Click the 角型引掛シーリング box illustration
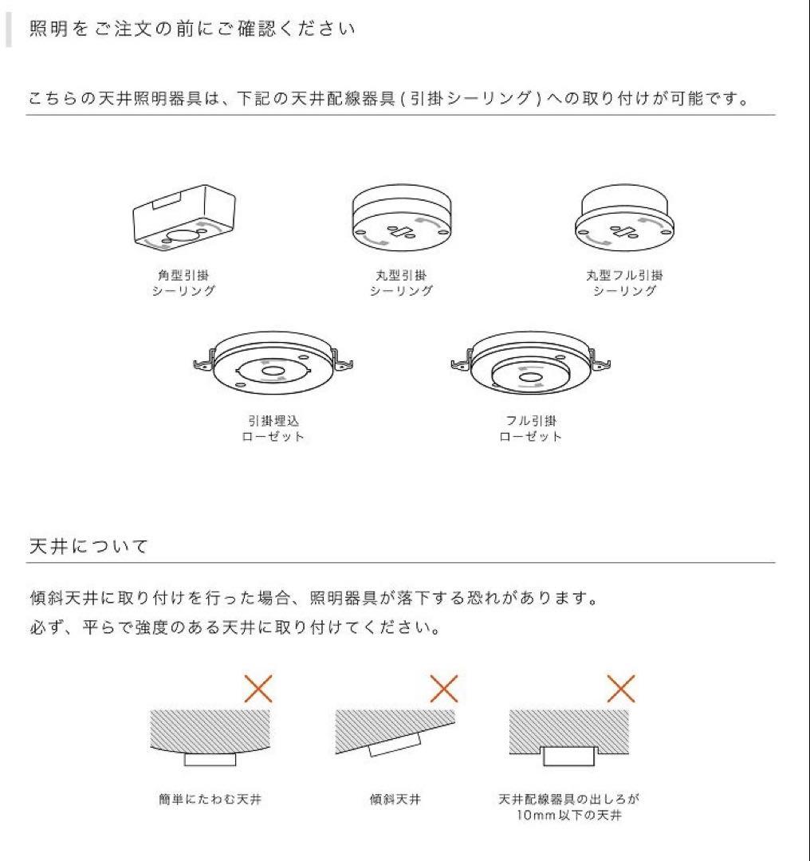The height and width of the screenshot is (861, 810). (x=183, y=218)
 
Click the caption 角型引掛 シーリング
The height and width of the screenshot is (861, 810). (x=183, y=283)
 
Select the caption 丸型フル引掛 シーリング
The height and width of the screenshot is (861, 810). (x=624, y=283)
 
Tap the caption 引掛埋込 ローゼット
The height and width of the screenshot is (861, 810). (x=273, y=428)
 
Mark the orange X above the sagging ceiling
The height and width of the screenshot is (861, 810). (x=258, y=688)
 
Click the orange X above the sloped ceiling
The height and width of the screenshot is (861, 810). (x=444, y=688)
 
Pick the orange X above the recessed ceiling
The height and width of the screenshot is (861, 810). (x=621, y=688)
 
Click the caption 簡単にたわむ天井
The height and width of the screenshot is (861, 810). (x=210, y=799)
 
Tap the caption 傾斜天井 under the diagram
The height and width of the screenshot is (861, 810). (x=395, y=799)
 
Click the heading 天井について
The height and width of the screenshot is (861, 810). (x=88, y=546)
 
